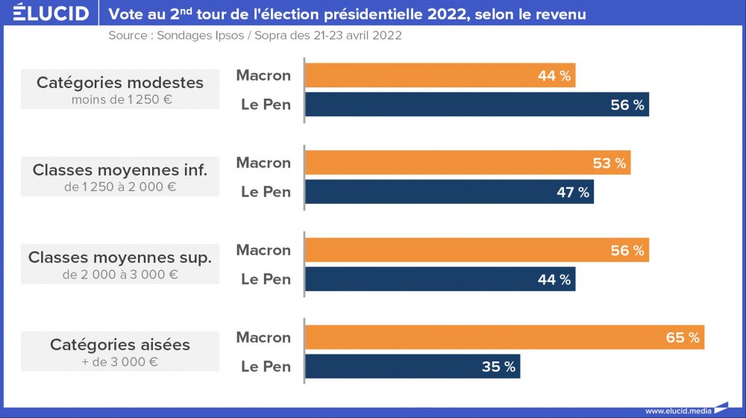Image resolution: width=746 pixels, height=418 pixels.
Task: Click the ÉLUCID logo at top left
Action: tap(51, 13)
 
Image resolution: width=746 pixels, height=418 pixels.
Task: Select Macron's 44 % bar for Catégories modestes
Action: tap(440, 75)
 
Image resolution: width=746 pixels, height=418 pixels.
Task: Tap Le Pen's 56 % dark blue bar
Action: tap(477, 104)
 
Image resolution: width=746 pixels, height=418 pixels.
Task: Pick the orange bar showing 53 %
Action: tap(468, 163)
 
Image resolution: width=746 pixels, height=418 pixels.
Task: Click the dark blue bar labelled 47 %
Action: tap(449, 192)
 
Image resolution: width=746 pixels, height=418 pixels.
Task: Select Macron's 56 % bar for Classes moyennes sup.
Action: tap(477, 250)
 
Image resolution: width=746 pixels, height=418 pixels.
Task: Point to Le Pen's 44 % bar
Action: tap(440, 279)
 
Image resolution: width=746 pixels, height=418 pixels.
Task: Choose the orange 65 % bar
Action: tap(504, 337)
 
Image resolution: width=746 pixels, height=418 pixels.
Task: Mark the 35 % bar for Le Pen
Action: tap(413, 366)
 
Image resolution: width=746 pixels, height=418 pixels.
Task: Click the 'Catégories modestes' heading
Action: tap(120, 82)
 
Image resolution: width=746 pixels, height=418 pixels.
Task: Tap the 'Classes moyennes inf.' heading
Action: tap(120, 170)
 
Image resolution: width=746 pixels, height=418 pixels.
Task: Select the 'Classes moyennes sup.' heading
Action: tap(120, 258)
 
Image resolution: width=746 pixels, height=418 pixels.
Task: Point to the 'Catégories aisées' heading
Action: tap(120, 345)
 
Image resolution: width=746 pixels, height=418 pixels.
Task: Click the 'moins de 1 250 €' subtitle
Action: tap(120, 99)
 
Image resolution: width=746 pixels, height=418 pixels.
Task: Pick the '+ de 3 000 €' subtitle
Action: tap(120, 362)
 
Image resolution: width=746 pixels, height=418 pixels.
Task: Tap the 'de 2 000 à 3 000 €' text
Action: tap(120, 275)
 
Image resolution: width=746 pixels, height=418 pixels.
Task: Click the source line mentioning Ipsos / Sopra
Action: tap(254, 36)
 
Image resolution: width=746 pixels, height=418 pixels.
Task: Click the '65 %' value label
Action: tap(683, 337)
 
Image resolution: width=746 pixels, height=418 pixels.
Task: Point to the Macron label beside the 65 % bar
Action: tap(263, 337)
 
